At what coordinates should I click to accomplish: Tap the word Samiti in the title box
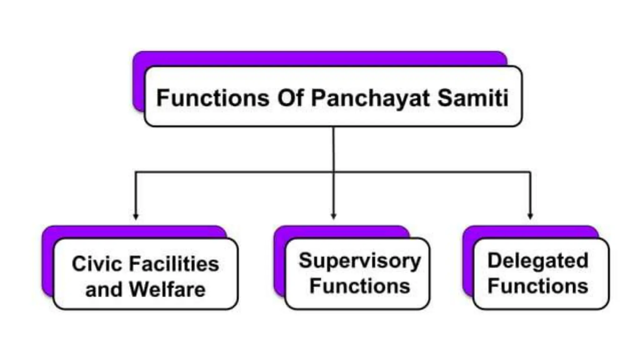(x=472, y=98)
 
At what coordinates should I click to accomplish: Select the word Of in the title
(x=291, y=98)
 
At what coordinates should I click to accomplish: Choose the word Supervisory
(x=360, y=261)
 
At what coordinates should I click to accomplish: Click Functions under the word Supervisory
(x=360, y=286)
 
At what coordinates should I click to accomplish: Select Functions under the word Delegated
(x=538, y=286)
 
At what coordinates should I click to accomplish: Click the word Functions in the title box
(x=212, y=98)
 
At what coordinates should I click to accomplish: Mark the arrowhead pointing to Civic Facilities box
(x=136, y=216)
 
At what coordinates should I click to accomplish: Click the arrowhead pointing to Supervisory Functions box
(x=333, y=216)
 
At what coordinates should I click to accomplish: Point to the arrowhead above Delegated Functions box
(x=530, y=216)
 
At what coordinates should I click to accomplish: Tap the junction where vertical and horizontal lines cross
(x=333, y=172)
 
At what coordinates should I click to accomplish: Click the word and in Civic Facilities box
(x=103, y=289)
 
